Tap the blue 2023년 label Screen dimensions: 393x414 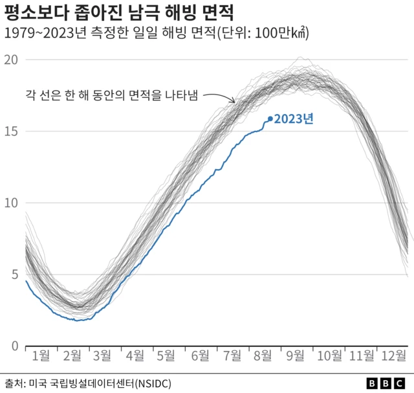[x=294, y=119]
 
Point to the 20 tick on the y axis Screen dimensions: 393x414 [x=10, y=60]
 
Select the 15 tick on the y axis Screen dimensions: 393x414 [x=10, y=131]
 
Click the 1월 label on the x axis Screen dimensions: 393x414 [x=40, y=355]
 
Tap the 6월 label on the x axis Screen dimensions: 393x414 [x=200, y=355]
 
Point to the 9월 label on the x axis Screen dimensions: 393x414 [x=296, y=355]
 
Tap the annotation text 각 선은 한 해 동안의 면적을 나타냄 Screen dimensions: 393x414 [x=111, y=94]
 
